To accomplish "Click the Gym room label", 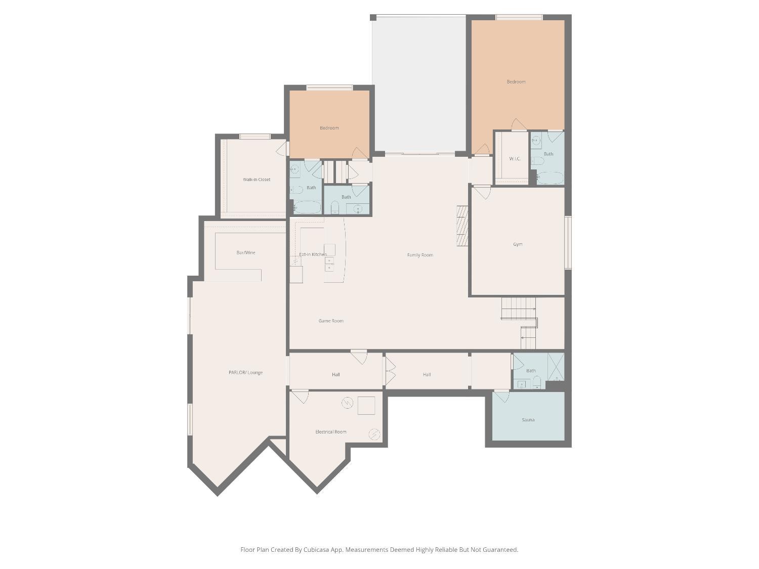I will [x=518, y=244].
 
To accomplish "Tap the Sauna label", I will [x=528, y=420].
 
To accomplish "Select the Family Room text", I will [x=420, y=255].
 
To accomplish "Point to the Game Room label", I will [x=331, y=321].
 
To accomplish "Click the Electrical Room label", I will [x=331, y=432].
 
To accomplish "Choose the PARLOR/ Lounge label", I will [x=245, y=373].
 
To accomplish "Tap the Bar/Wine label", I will [x=246, y=252].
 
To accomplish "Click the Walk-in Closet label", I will [x=257, y=180].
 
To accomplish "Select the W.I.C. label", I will [x=515, y=159].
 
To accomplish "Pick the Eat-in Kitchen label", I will [x=313, y=254].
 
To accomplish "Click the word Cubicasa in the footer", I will [x=317, y=550].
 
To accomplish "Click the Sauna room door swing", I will [x=502, y=396].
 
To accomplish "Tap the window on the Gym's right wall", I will [x=568, y=242].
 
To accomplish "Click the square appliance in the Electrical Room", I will [x=366, y=406].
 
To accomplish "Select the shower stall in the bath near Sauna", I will [x=556, y=366].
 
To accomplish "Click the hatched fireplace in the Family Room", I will [x=462, y=226].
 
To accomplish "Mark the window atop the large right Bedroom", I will [x=519, y=18].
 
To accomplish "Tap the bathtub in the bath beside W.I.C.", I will [x=550, y=178].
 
